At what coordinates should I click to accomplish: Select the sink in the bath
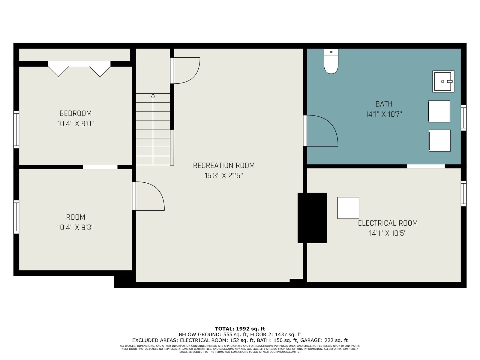coord(443,81)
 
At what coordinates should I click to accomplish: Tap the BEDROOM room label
coord(75,113)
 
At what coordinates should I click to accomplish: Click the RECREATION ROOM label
coord(224,166)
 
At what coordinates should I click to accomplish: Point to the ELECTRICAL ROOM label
coord(388,223)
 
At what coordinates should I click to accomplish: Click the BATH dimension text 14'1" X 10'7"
coord(384,114)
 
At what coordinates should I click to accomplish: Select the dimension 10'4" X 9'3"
coord(75,227)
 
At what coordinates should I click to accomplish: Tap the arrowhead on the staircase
coord(153,95)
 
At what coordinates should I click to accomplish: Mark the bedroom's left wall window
coord(16,130)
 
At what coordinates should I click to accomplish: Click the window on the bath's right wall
coord(463,118)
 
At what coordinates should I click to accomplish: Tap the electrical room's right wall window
coord(463,193)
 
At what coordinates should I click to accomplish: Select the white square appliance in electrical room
coord(348,208)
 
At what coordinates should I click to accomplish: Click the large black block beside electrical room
coord(312,218)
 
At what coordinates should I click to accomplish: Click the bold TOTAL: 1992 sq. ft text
coord(240,329)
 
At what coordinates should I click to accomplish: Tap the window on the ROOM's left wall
coord(16,217)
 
